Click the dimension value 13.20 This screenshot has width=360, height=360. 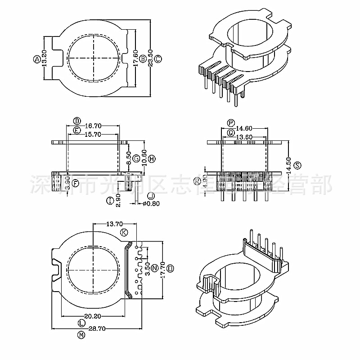tap(44, 58)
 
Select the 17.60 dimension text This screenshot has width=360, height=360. tap(135, 58)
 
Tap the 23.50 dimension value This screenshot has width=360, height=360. tap(150, 58)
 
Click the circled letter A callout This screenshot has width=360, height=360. tap(36, 58)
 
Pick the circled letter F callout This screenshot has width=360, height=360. tap(76, 183)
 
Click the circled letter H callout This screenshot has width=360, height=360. tap(152, 158)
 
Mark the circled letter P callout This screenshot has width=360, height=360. tap(231, 122)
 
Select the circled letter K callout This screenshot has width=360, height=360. tap(124, 232)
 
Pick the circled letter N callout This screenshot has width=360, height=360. tap(155, 267)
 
